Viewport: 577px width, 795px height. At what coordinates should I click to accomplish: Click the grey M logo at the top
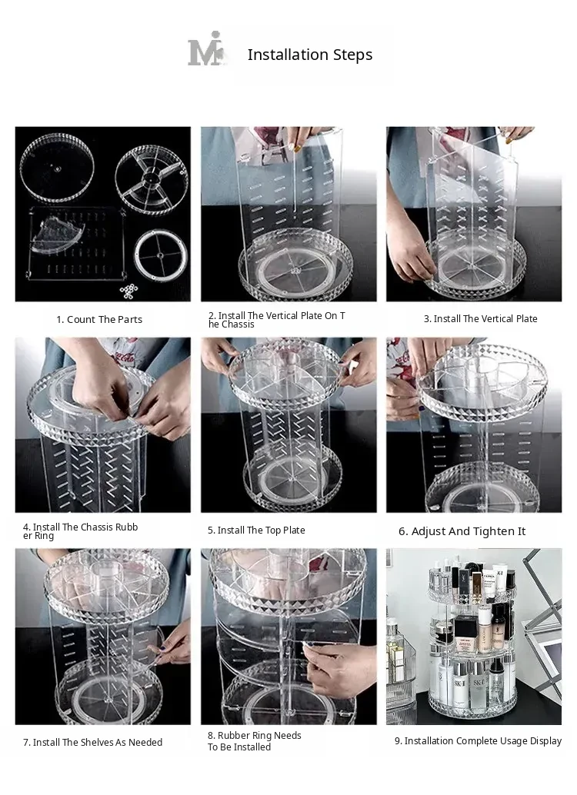(x=206, y=49)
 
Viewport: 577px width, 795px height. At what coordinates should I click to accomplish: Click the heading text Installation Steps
(x=310, y=55)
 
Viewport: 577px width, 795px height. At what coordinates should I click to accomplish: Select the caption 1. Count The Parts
(x=99, y=319)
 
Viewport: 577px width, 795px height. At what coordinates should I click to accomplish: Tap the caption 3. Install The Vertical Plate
(x=481, y=319)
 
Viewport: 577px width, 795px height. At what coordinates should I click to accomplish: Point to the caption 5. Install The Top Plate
(x=256, y=531)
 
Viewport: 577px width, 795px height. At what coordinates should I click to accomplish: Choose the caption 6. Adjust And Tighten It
(x=462, y=531)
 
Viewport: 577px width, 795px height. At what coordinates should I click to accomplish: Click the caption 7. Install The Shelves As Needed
(x=93, y=742)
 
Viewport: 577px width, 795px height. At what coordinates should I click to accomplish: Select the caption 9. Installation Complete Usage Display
(x=478, y=741)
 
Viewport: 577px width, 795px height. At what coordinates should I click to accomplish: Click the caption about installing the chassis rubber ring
(x=80, y=531)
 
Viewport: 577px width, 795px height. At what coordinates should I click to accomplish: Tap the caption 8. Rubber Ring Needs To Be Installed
(x=254, y=741)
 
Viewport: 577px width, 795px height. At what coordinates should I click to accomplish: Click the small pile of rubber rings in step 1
(x=128, y=291)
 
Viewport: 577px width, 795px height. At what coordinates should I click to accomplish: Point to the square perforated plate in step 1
(x=76, y=244)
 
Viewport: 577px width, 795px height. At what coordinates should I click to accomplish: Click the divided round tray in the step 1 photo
(x=152, y=178)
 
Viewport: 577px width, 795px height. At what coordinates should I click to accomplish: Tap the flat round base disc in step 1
(x=57, y=168)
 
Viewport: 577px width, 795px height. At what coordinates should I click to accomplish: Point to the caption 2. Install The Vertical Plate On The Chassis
(x=277, y=320)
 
